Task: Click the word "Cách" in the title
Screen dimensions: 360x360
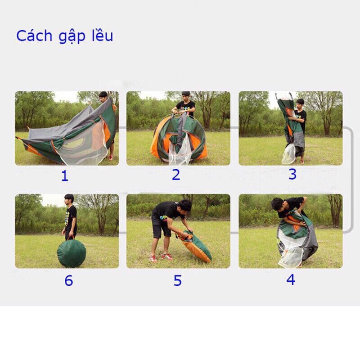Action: [x=34, y=36]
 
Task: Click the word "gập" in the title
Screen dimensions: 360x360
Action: [x=72, y=37]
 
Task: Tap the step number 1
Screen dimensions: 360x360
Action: [x=65, y=176]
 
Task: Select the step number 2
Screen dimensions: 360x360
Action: [x=176, y=175]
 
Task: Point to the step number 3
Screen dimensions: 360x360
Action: [x=292, y=174]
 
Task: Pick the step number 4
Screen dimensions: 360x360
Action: [x=291, y=279]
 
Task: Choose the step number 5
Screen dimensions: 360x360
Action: [x=177, y=280]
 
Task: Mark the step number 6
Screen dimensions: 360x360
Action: [x=69, y=280]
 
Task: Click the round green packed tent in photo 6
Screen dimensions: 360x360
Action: [x=72, y=253]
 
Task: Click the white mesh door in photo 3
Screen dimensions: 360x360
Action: [x=288, y=154]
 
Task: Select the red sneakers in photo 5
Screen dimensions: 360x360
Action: [x=161, y=257]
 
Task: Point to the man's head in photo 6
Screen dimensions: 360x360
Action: [x=69, y=199]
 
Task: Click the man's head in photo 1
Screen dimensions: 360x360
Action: [x=103, y=96]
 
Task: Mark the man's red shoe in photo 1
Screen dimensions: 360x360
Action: [x=111, y=157]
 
